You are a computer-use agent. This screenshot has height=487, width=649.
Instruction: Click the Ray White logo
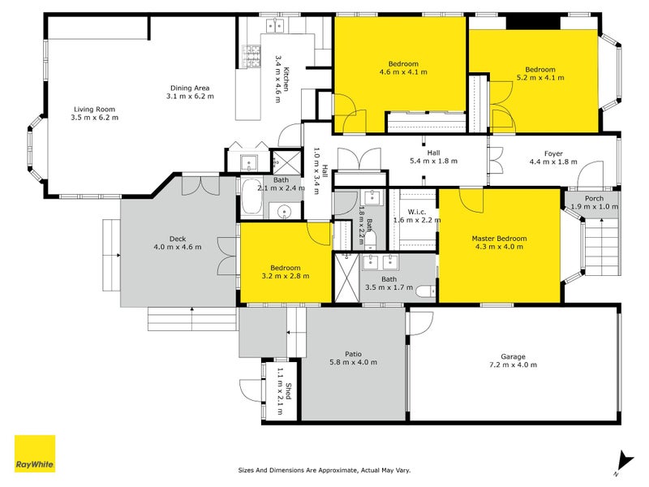35,454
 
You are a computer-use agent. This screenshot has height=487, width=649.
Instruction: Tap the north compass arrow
624,462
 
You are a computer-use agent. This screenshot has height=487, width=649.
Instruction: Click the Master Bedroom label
499,239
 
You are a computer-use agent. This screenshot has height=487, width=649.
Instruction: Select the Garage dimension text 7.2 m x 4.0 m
513,364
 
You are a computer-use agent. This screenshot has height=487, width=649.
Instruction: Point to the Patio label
353,354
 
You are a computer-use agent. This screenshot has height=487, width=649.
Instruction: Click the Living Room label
94,110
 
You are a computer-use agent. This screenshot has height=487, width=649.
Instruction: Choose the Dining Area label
190,88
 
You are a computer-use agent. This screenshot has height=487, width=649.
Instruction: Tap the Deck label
178,239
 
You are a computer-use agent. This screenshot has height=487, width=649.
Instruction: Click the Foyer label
553,153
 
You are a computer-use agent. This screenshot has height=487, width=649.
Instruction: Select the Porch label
594,199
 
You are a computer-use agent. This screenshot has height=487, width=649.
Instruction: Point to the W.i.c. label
416,212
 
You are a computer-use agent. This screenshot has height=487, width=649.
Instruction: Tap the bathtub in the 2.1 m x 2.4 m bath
251,198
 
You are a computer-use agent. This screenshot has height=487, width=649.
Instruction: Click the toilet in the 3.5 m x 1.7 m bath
424,291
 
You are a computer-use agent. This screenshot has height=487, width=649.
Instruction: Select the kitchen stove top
251,56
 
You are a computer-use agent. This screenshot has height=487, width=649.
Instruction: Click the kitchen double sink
275,26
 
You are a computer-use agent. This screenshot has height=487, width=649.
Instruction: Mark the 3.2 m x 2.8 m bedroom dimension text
286,276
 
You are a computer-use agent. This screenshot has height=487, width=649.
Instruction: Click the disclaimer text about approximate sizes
324,470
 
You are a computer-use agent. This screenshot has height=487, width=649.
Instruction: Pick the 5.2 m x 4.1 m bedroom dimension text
540,78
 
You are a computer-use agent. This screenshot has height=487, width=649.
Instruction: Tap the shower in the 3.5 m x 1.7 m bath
347,278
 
